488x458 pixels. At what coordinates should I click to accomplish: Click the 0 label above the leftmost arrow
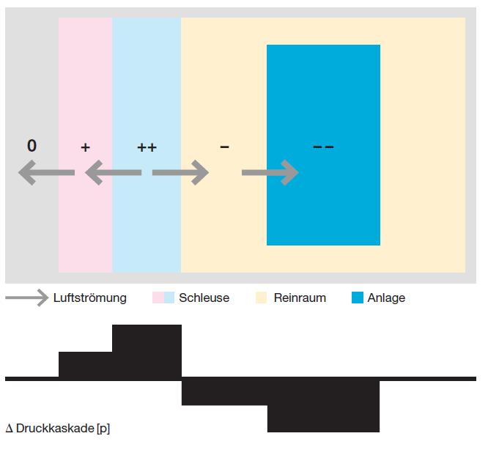click(32, 146)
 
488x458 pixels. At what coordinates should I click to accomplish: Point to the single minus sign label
click(224, 147)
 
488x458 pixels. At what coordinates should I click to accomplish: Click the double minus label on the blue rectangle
click(323, 147)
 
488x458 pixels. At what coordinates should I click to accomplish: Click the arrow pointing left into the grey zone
click(46, 173)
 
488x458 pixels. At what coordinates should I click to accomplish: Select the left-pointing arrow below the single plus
click(113, 173)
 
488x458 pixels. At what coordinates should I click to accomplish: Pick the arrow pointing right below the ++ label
click(180, 173)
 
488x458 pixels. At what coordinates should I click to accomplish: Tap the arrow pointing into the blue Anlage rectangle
click(270, 173)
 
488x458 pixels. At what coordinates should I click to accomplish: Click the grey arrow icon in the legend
click(26, 298)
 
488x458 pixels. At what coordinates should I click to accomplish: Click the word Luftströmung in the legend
click(90, 298)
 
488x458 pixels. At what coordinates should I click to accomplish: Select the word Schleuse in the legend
click(204, 298)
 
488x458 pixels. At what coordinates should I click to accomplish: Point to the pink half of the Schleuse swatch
click(158, 298)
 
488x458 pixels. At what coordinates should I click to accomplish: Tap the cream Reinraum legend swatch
click(262, 298)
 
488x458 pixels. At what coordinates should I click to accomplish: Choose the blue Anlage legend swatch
click(358, 298)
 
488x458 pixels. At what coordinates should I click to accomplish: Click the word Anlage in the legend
click(386, 298)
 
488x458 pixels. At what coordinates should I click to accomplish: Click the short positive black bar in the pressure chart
click(85, 364)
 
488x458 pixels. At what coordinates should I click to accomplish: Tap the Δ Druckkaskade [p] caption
click(58, 428)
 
